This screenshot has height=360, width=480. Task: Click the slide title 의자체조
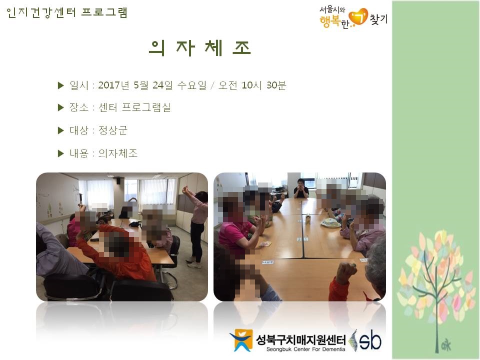point(200,48)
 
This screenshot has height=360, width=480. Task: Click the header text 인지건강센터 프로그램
point(66,12)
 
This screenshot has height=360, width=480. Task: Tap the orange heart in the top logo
point(358,17)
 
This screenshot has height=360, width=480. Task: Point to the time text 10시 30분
point(263,85)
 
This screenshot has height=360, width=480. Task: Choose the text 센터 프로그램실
point(134,107)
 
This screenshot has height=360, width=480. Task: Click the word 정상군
point(112,130)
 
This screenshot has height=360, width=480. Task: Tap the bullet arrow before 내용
point(61,153)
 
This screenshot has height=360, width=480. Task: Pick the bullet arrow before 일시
point(61,85)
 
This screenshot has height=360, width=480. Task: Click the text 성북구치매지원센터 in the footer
point(300,339)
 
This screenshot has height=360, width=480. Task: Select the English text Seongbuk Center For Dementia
point(305,349)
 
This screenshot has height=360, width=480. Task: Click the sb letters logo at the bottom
point(370,339)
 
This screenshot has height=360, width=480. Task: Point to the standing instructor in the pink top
point(197,226)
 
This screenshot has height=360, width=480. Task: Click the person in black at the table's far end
point(301,188)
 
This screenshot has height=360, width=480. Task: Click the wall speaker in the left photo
point(118,180)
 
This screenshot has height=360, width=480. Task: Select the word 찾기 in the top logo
point(378,19)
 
